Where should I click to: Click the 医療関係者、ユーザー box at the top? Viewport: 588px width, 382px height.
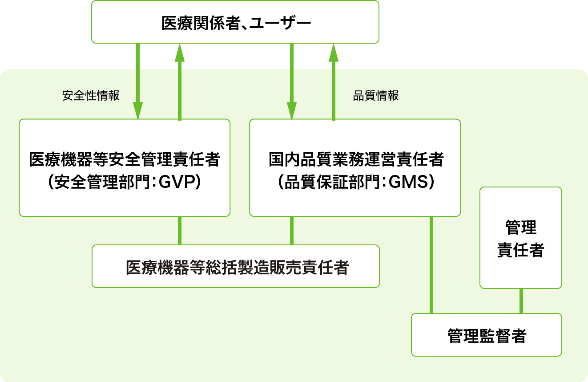pos(235,22)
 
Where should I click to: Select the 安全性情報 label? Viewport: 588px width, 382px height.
pos(91,96)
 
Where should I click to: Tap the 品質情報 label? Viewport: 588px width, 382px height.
pos(376,96)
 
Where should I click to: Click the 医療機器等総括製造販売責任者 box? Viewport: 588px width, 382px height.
pos(236,266)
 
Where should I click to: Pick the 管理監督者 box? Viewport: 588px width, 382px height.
pos(486,335)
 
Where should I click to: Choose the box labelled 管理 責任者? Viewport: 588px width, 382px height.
pos(520,238)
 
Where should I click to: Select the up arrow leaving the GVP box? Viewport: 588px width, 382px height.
pos(180,82)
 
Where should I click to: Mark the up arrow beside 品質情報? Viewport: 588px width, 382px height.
pos(334,82)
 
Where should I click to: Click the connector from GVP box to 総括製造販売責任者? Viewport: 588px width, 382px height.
pos(180,231)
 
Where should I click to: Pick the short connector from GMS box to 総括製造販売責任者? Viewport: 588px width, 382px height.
pos(292,231)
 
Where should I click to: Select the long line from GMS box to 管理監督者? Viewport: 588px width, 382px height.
pos(431,265)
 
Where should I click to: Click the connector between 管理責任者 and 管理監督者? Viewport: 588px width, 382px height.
pos(521,301)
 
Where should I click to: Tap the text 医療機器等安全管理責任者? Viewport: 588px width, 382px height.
pos(124,159)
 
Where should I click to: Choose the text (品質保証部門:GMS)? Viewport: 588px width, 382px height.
pos(355,182)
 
